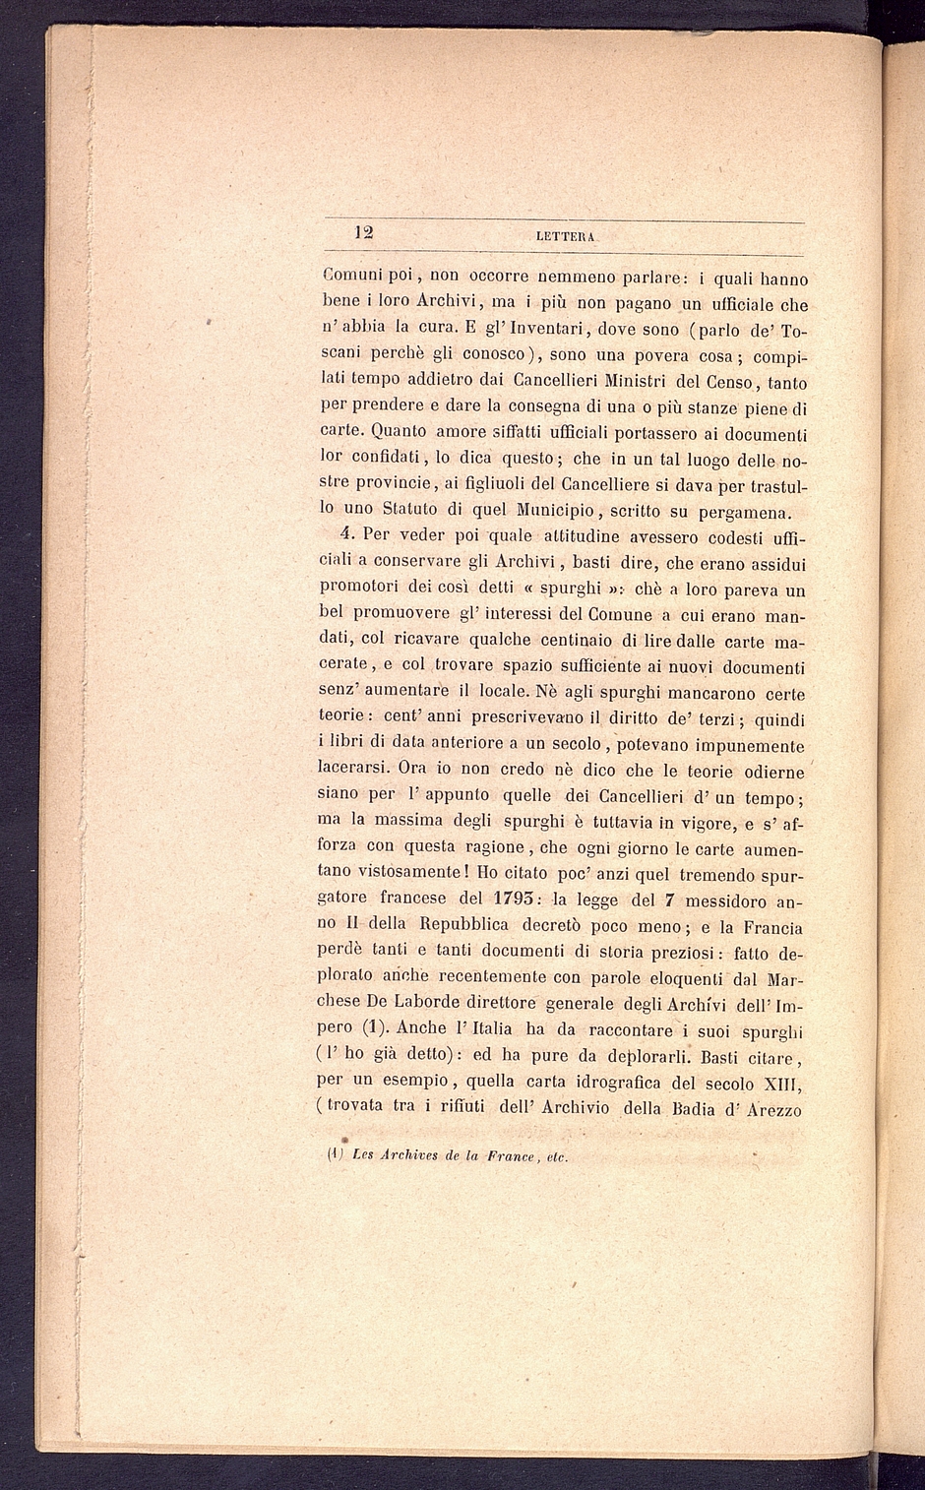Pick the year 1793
509,899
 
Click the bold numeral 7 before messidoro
668,899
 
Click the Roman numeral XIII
784,1084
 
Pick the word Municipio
555,510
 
